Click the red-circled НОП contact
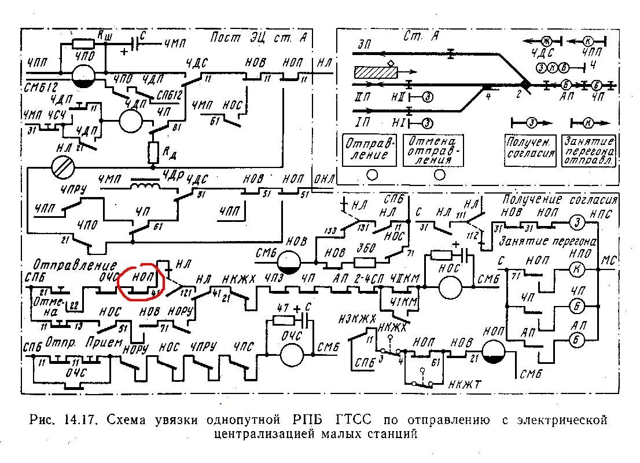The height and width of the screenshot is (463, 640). [x=141, y=282]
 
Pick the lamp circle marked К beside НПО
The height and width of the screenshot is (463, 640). [x=576, y=268]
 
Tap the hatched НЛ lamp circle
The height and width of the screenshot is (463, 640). [x=64, y=168]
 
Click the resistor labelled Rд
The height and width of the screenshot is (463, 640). [x=153, y=152]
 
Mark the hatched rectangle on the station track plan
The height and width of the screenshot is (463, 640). [x=376, y=72]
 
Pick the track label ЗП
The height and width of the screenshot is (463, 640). [x=364, y=43]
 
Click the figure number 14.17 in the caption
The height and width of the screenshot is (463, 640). [x=82, y=419]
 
